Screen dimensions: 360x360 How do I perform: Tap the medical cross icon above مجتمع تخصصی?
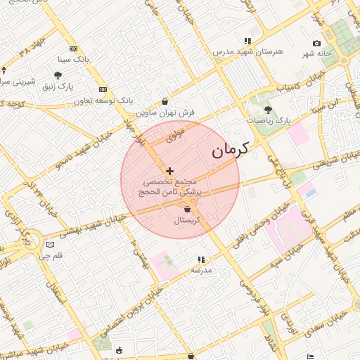(169, 171)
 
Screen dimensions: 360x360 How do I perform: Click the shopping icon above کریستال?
(188, 209)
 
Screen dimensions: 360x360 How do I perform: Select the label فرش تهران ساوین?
(166, 112)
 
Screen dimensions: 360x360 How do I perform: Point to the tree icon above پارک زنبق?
(58, 75)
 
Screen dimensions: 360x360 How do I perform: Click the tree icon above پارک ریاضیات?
(268, 109)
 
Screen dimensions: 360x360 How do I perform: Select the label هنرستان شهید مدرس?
(248, 52)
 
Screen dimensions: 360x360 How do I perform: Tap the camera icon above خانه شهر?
(316, 44)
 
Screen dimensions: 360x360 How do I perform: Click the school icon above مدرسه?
(202, 259)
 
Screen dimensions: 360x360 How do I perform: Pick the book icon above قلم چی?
(49, 245)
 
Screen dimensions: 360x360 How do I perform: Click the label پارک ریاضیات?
(269, 122)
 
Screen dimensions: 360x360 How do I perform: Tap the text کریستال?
(188, 221)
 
